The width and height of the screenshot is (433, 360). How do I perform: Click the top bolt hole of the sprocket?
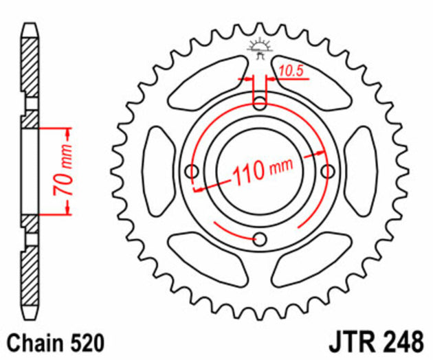pyautogui.click(x=260, y=104)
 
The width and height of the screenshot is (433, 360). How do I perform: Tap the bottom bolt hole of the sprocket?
pyautogui.click(x=260, y=238)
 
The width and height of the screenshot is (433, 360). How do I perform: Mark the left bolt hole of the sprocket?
pyautogui.click(x=192, y=170)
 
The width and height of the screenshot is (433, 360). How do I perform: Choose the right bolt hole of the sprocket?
pyautogui.click(x=328, y=170)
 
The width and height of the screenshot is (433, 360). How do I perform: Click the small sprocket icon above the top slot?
pyautogui.click(x=260, y=49)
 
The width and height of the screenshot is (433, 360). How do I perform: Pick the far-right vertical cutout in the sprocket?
pyautogui.click(x=362, y=171)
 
